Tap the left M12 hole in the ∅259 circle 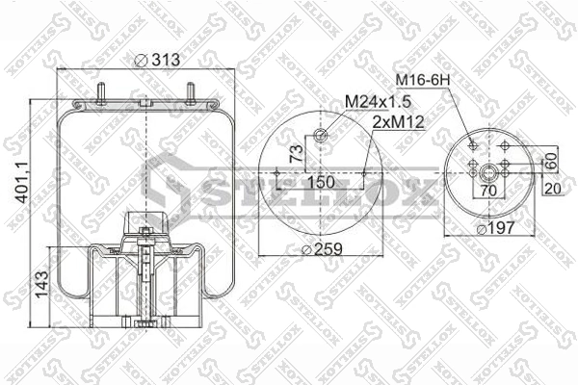277,174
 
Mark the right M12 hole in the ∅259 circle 364,174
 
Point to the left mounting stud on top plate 100,96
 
